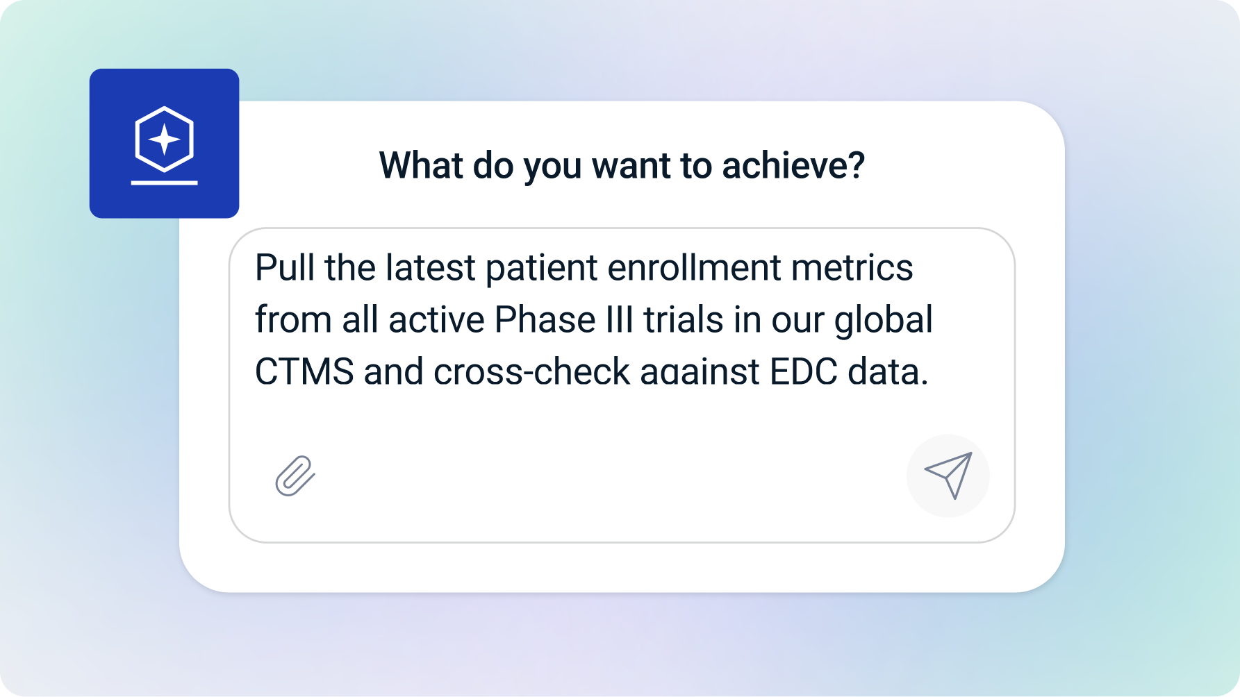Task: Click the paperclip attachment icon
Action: [x=295, y=476]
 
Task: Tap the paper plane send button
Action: [x=948, y=476]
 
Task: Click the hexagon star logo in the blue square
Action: [x=164, y=140]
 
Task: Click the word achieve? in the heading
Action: [x=793, y=165]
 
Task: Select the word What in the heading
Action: [x=421, y=165]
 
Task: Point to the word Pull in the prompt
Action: [x=285, y=267]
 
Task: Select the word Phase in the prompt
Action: [x=545, y=319]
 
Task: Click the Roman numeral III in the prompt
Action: [x=620, y=319]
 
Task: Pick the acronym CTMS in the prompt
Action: [x=304, y=371]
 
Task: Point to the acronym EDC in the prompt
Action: [x=803, y=371]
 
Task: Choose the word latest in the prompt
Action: [x=431, y=267]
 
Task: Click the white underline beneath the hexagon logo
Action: [x=165, y=183]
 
